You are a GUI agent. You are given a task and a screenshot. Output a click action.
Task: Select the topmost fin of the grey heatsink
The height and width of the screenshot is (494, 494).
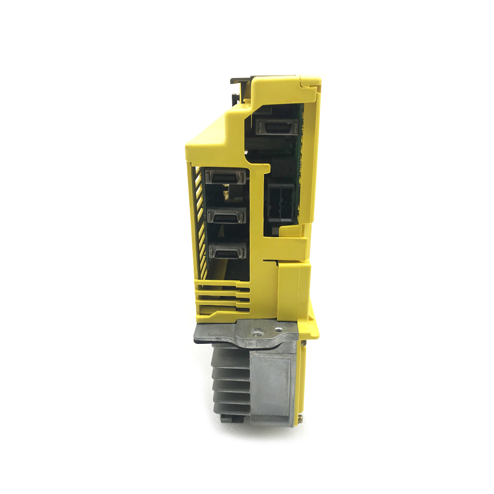[230, 355]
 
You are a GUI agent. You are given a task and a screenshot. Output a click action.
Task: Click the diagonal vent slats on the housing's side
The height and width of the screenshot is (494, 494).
[200, 222]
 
